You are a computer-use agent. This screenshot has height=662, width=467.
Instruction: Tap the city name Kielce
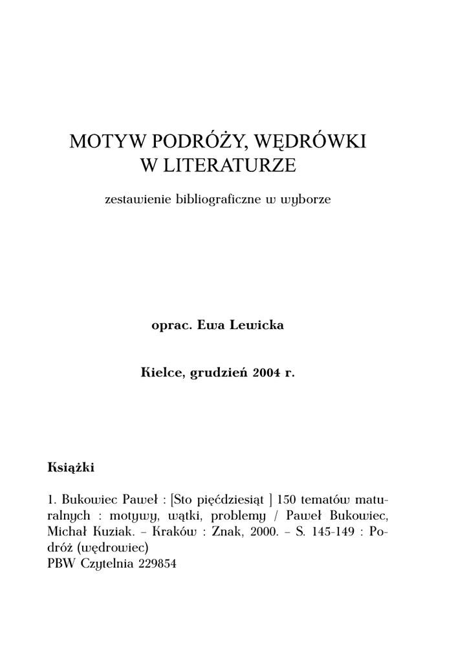[162, 373]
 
